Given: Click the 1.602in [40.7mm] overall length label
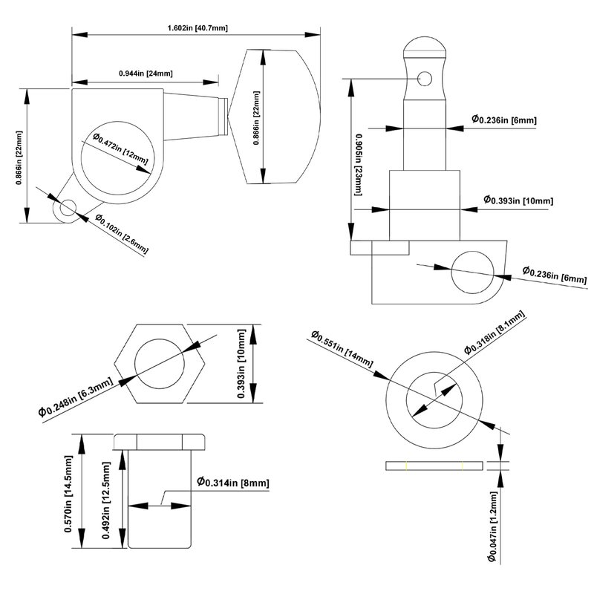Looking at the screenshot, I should (198, 27).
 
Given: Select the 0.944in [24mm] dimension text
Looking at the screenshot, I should (146, 74).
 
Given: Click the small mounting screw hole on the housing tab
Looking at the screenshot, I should (68, 209).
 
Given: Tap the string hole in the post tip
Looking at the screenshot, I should (424, 77).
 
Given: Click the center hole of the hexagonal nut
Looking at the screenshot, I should (160, 364).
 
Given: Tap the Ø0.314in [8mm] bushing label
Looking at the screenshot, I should (232, 483).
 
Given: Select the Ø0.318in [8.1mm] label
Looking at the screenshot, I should (495, 332).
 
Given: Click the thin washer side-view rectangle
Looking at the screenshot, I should (434, 466).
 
